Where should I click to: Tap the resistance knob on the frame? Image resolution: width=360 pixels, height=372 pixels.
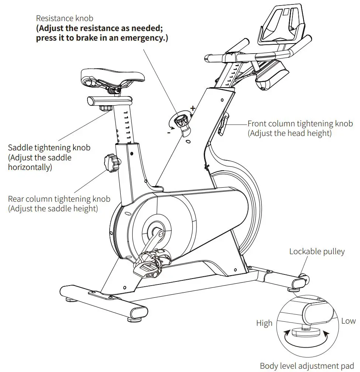click(181, 120)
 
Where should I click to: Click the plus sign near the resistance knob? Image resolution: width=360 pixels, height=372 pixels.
click(192, 108)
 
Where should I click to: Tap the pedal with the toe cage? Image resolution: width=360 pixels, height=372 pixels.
click(149, 266)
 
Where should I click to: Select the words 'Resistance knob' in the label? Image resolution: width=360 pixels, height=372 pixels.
click(65, 18)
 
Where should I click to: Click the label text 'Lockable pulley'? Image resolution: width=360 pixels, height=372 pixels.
click(317, 252)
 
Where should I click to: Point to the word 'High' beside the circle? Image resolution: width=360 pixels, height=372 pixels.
click(264, 323)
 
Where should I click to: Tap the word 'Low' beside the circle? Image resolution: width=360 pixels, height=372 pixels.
click(348, 321)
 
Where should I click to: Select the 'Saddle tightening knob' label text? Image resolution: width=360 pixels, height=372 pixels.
click(49, 148)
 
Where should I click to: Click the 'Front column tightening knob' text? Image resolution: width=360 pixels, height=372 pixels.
click(300, 124)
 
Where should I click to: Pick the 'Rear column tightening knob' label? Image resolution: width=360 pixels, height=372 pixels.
click(59, 199)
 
